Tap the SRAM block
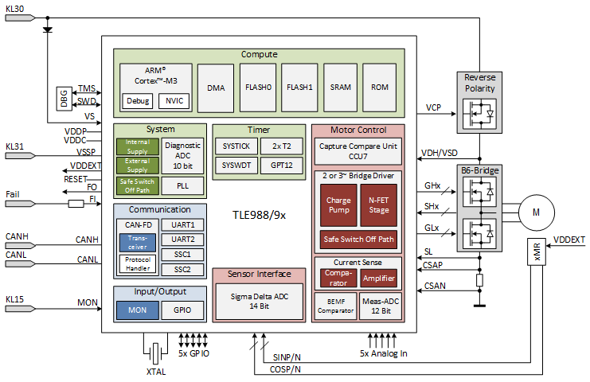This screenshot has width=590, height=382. pyautogui.click(x=341, y=88)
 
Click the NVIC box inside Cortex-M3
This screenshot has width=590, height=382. pyautogui.click(x=171, y=101)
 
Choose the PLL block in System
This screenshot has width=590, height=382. pyautogui.click(x=183, y=185)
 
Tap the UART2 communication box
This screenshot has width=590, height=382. pyautogui.click(x=183, y=240)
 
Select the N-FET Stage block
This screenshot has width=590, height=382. pyautogui.click(x=377, y=206)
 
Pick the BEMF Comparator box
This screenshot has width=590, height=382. pyautogui.click(x=334, y=305)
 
